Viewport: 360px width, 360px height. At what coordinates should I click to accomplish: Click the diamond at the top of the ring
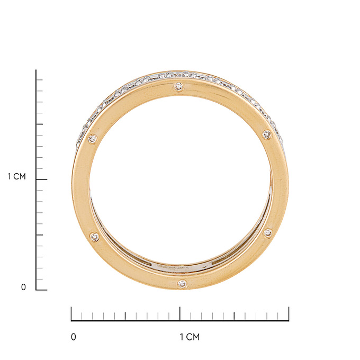pos(178,86)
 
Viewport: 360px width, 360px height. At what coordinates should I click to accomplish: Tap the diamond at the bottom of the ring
pos(182,284)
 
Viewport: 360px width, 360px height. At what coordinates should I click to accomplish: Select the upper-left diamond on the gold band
pos(93,139)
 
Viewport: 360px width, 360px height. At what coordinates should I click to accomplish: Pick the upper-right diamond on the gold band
pos(267,134)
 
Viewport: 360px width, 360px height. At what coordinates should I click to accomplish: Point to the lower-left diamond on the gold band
pos(95,237)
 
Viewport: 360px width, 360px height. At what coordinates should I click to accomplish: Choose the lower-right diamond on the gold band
pos(267,233)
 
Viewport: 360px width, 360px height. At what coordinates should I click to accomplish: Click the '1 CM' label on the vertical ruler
pos(17,176)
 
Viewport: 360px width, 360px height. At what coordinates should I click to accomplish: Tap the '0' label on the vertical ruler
pos(23,287)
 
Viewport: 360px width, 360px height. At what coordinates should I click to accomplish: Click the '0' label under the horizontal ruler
pos(74,337)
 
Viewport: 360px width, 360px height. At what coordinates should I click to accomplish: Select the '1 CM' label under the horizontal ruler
pos(190,337)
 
